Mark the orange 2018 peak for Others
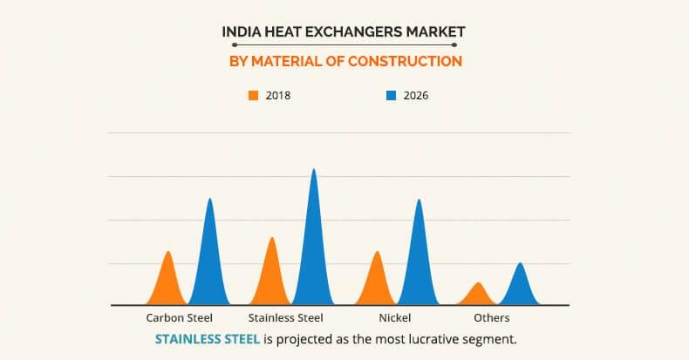tap(476, 295)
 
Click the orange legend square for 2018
tap(254, 96)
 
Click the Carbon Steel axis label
tap(180, 317)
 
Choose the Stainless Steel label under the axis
tap(285, 317)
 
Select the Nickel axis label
tap(395, 317)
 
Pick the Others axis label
tap(491, 317)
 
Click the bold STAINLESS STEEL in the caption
tap(207, 338)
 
